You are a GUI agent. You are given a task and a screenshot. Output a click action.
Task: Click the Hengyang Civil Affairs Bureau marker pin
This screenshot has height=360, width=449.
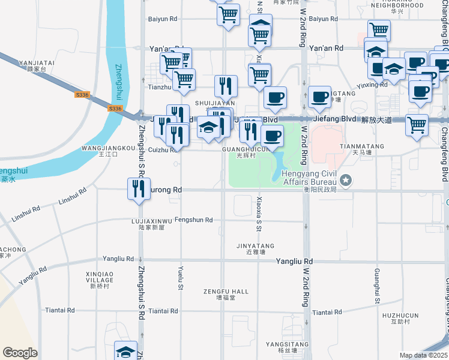(346, 179)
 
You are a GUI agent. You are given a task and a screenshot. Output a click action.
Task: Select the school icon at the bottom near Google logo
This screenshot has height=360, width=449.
(126, 352)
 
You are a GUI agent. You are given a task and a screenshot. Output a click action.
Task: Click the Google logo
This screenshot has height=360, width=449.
(20, 353)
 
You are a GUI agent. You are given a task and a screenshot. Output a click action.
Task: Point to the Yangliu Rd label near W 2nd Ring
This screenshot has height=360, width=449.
(294, 262)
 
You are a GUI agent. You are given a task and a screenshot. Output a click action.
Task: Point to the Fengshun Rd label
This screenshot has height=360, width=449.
(193, 220)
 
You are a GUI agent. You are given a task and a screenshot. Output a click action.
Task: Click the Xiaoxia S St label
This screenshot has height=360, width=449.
(259, 214)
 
